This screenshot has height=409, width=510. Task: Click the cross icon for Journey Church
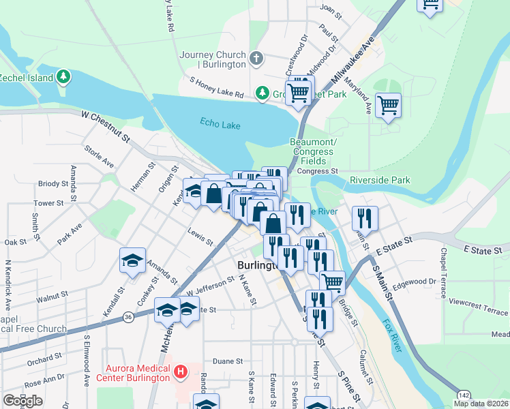click(256, 58)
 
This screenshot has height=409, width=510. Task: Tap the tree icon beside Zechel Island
click(63, 76)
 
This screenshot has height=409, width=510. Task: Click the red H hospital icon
click(181, 372)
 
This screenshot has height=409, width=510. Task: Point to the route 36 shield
click(128, 316)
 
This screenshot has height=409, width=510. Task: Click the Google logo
click(22, 401)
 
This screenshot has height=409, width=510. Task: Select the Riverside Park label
click(380, 180)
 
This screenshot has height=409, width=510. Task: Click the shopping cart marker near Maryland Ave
click(388, 106)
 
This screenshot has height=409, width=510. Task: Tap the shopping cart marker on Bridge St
click(332, 281)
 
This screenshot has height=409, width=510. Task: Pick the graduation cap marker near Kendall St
click(132, 260)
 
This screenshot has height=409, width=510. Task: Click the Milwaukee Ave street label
click(355, 62)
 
